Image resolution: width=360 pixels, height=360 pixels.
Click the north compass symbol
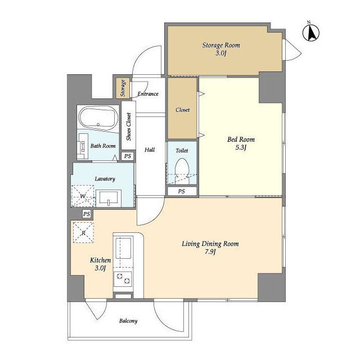(311, 33)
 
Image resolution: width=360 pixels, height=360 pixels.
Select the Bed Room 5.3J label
(241, 143)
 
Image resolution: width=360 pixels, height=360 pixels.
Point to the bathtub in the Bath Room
(98, 118)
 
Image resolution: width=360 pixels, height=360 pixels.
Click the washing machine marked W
(83, 195)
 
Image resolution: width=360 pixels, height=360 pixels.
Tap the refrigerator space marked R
(83, 232)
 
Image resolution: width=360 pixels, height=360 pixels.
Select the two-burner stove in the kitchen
(123, 278)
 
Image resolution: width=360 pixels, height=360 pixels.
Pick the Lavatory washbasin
(109, 198)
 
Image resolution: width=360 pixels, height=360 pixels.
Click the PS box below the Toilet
(182, 191)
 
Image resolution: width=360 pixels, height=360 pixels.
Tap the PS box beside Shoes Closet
(128, 156)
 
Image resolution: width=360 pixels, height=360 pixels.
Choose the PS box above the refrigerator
(87, 214)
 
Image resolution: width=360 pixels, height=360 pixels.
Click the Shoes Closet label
(129, 127)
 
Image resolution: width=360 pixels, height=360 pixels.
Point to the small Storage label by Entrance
(123, 88)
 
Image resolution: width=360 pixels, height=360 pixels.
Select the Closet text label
(182, 110)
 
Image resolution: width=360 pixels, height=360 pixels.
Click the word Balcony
(128, 321)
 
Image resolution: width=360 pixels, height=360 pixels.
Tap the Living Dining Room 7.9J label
(210, 247)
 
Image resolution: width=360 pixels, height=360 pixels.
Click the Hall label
(150, 150)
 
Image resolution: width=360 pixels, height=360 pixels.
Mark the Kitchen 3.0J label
(100, 264)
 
